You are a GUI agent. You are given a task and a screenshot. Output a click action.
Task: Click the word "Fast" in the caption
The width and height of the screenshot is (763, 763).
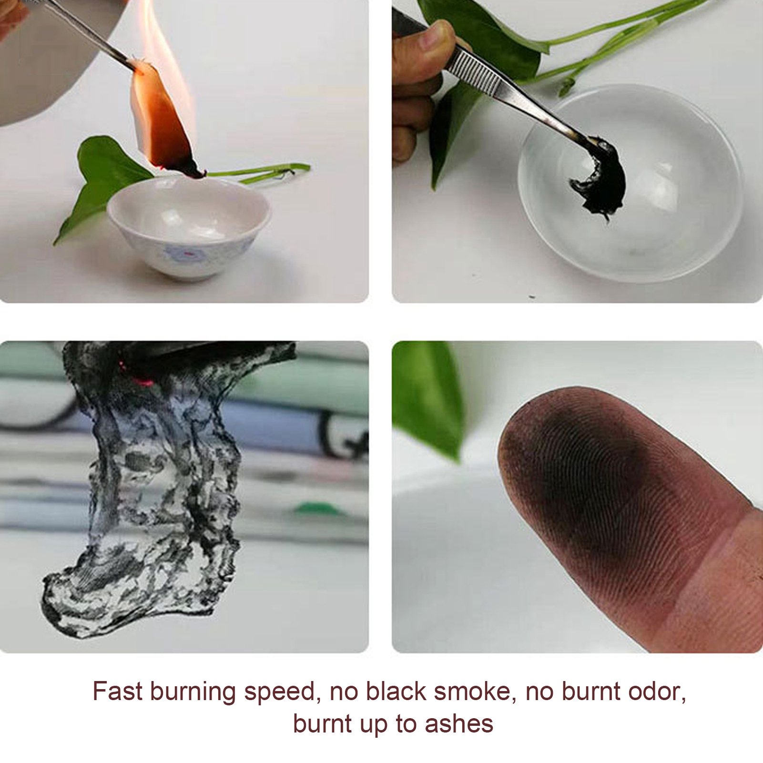(117, 691)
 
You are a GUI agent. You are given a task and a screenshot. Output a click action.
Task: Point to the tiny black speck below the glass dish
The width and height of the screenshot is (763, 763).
(532, 297)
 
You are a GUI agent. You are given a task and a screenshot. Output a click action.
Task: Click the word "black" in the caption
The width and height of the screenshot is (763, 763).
(396, 691)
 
